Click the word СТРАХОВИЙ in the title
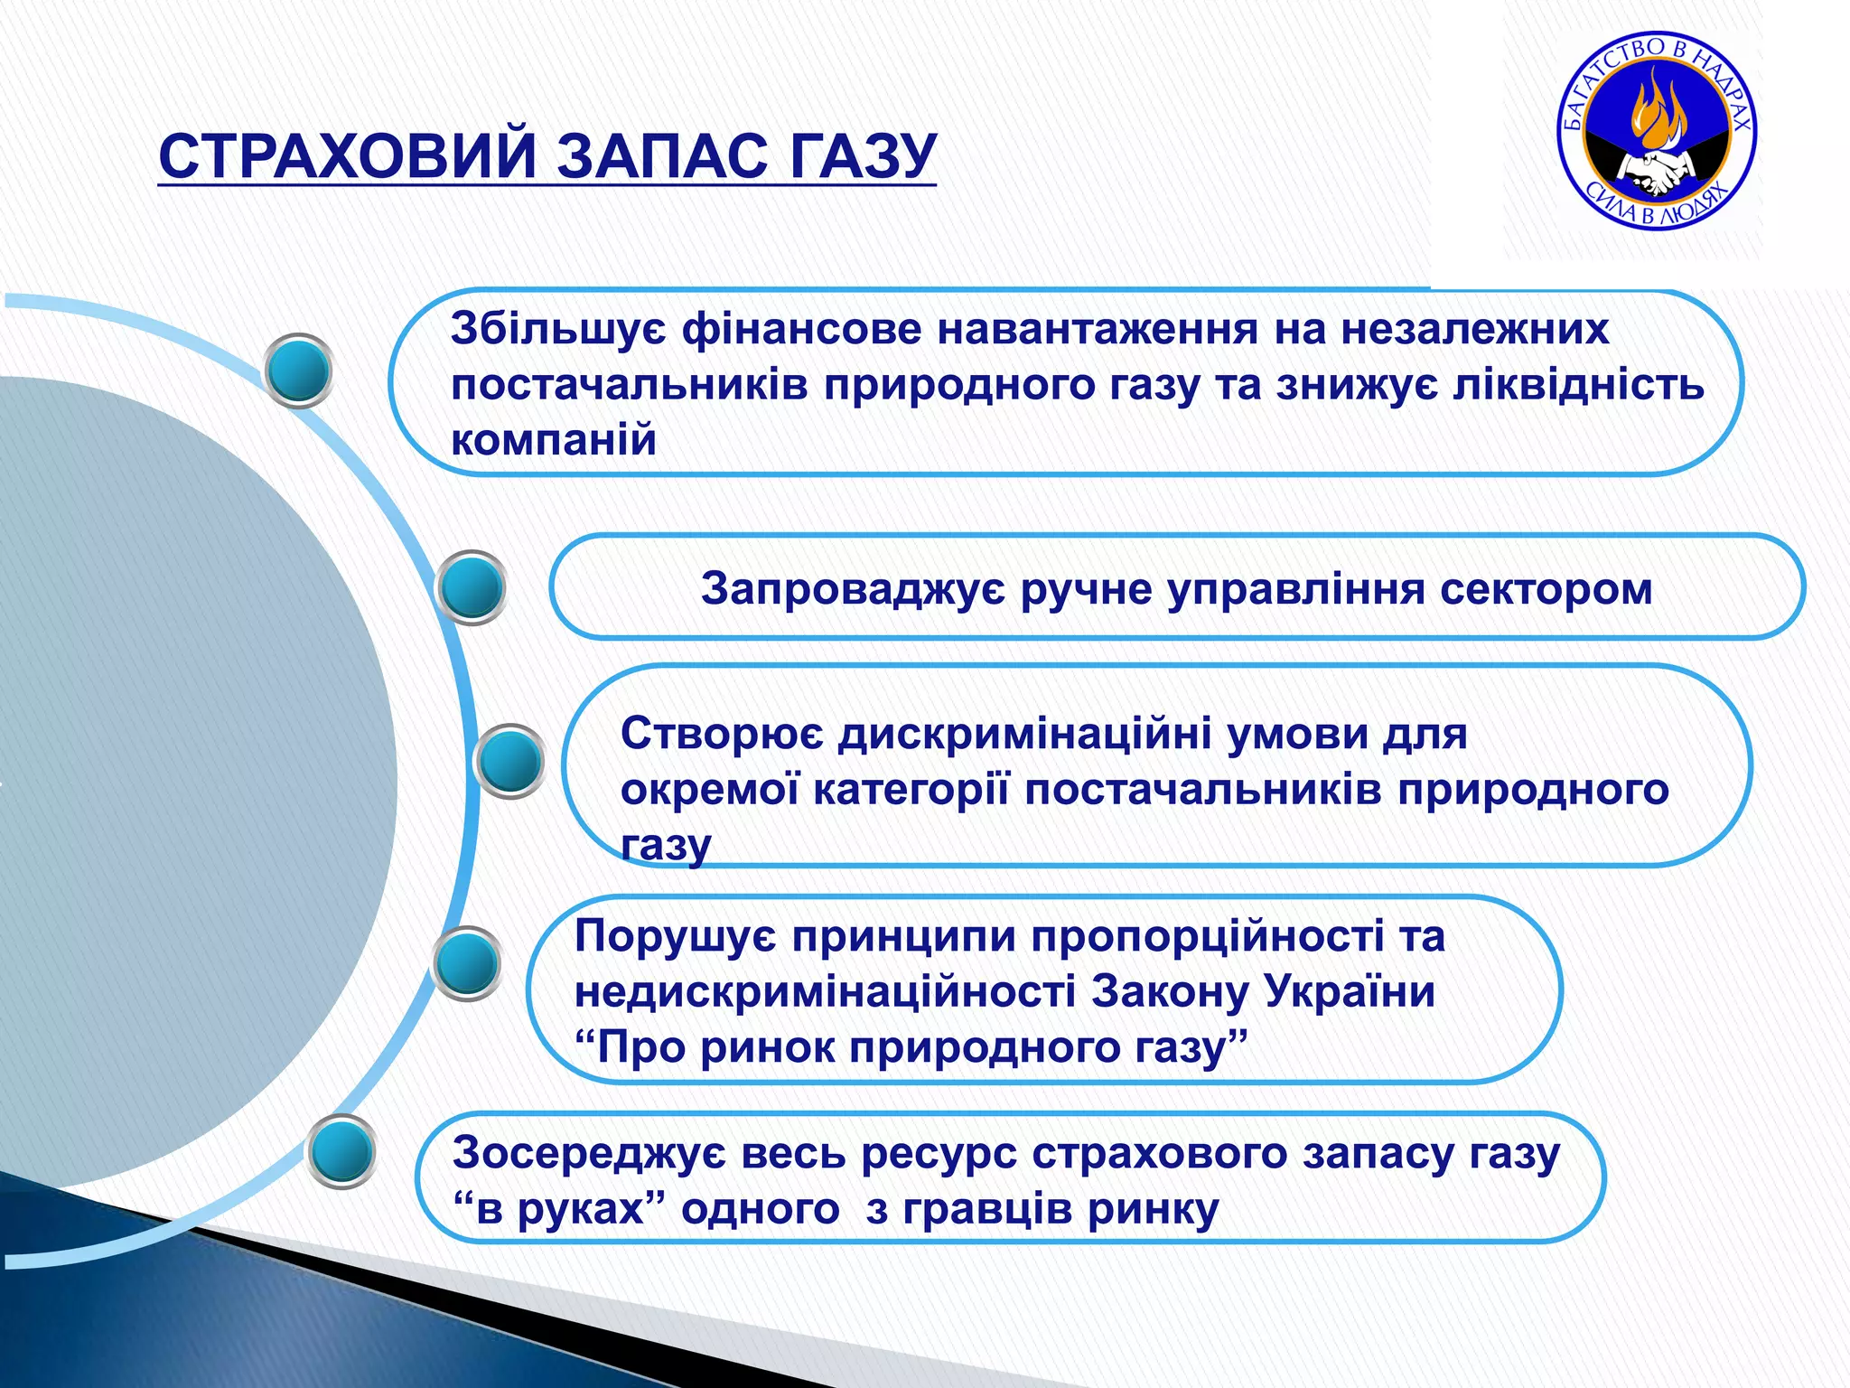click(x=348, y=156)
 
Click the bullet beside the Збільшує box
click(x=299, y=370)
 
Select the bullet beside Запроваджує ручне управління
click(x=471, y=587)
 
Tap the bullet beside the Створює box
click(x=509, y=761)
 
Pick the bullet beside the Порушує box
click(x=467, y=963)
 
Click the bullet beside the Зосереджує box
click(x=341, y=1151)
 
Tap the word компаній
click(x=553, y=441)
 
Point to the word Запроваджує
click(x=852, y=589)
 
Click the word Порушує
click(x=675, y=936)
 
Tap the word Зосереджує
click(x=588, y=1154)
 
